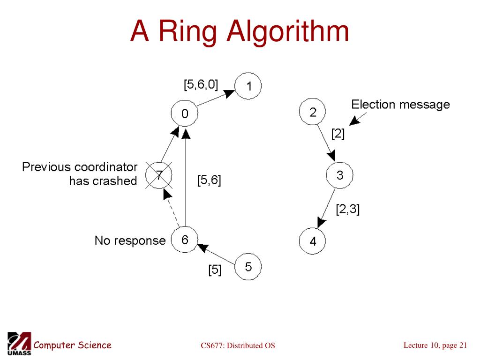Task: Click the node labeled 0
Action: click(185, 114)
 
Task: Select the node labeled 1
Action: click(248, 86)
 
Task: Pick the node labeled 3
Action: click(339, 176)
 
